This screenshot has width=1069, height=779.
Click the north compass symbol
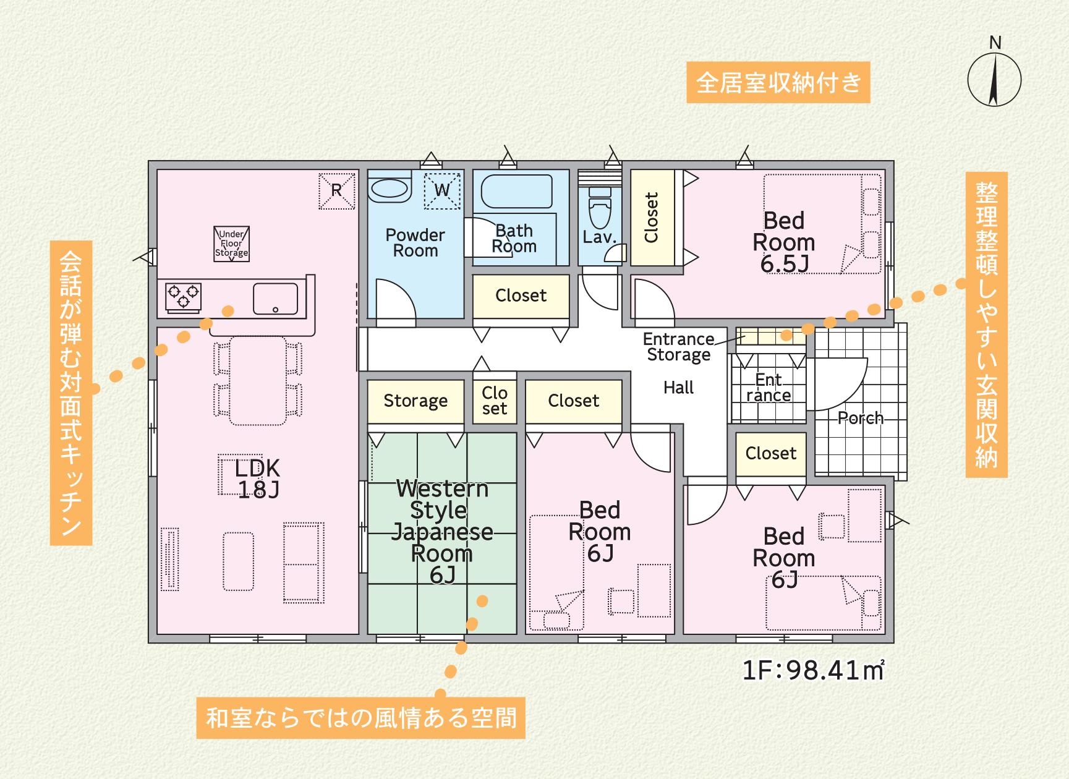[x=994, y=74]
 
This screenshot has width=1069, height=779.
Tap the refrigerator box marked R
[x=337, y=190]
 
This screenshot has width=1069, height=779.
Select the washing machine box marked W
[x=442, y=190]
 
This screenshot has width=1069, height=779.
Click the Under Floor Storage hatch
[x=232, y=244]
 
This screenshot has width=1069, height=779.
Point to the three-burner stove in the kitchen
[x=183, y=296]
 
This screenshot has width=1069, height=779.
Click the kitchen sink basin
[x=275, y=299]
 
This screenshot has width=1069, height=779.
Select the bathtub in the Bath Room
[x=516, y=191]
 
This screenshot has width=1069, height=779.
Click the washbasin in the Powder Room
[x=390, y=188]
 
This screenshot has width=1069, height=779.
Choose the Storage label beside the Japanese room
[x=415, y=401]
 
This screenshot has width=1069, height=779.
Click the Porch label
[x=861, y=418]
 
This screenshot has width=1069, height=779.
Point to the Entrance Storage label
[x=679, y=347]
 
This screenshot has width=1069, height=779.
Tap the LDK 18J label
[x=258, y=479]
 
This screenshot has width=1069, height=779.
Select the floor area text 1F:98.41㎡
[x=813, y=670]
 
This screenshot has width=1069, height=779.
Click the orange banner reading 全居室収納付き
[x=778, y=82]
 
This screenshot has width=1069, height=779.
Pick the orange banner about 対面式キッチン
[x=71, y=393]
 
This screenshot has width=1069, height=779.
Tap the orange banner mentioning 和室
[x=361, y=718]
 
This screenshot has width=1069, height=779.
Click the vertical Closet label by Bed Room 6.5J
[x=652, y=218]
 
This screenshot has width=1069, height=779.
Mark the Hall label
[x=678, y=388]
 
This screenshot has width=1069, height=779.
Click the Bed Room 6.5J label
[x=784, y=242]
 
